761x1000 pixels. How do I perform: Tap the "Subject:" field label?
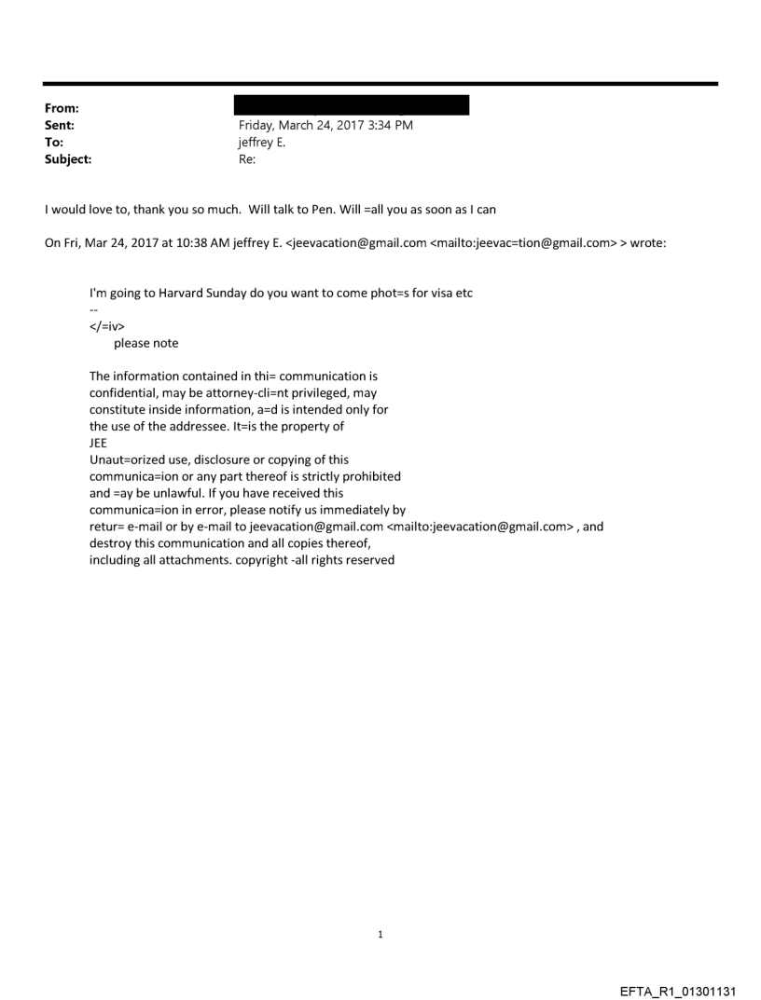click(x=65, y=159)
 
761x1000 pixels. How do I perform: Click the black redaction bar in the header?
click(x=352, y=104)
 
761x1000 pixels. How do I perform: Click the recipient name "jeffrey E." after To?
click(x=265, y=143)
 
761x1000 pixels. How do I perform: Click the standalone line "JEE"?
click(x=98, y=444)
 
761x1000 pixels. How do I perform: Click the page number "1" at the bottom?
click(x=380, y=934)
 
